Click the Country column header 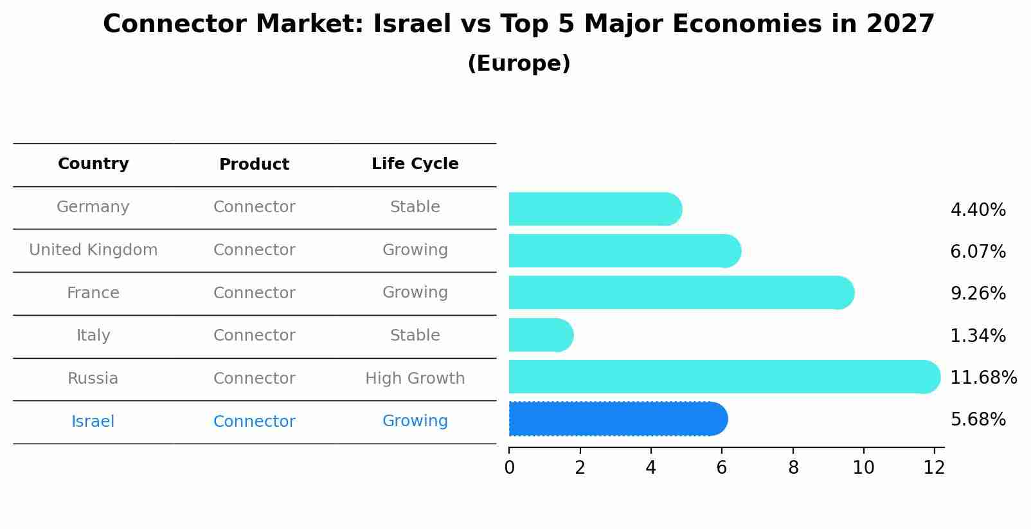93,164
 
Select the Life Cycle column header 415,164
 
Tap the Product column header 254,165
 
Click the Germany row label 93,207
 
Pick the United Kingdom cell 93,250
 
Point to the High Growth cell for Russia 415,379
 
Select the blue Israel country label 93,422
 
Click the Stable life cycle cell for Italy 415,336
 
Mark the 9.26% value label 978,294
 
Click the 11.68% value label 983,377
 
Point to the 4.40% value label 978,210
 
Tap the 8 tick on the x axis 793,468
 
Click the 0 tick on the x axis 509,468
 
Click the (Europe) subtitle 519,64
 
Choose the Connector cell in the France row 254,293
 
